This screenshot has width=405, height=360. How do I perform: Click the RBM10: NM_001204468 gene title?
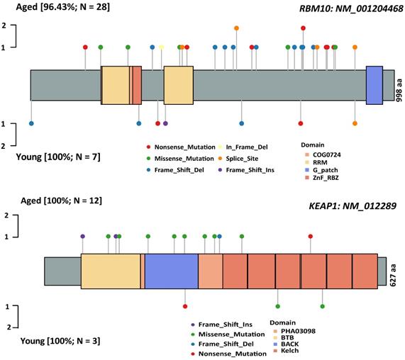[x=351, y=9]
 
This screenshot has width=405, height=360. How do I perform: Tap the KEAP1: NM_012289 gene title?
[x=353, y=206]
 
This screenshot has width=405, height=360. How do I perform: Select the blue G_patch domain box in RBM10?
[x=375, y=86]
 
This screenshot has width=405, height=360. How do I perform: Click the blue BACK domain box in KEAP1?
[x=172, y=271]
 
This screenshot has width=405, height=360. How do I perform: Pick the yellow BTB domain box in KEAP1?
[x=111, y=271]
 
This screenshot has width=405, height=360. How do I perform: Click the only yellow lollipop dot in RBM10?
[x=162, y=47]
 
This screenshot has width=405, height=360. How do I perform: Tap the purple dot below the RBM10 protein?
[x=165, y=123]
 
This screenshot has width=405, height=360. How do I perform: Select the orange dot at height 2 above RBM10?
[x=236, y=28]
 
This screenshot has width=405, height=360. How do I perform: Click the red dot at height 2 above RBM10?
[x=304, y=28]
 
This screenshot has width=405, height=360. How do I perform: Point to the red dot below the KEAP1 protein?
[x=185, y=306]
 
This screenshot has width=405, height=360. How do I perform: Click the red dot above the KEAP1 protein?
[x=311, y=236]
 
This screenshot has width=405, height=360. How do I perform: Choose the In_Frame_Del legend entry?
[x=243, y=147]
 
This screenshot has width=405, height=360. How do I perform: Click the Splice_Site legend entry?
[x=238, y=159]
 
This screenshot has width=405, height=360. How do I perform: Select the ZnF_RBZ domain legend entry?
[x=322, y=178]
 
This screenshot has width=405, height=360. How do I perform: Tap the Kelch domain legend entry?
[x=286, y=351]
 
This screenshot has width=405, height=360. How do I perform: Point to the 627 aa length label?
[x=393, y=276]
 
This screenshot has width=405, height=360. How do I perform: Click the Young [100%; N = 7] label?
[x=58, y=157]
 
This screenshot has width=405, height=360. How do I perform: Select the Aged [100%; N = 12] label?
[x=61, y=201]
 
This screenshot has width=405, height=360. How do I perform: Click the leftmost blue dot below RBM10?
[x=31, y=123]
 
